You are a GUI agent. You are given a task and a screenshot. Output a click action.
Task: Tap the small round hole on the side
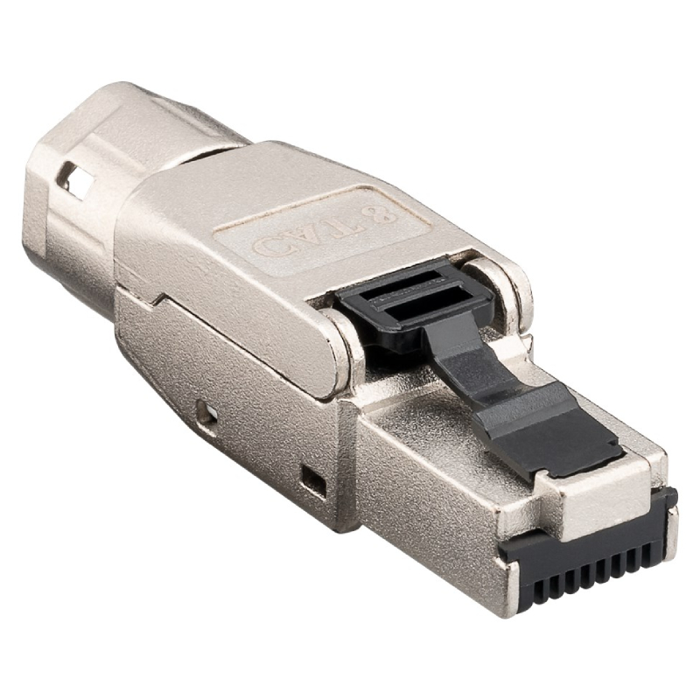(206, 410)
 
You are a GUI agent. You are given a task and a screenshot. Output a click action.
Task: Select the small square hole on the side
(312, 478)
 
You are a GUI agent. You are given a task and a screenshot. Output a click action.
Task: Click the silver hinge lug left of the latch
(346, 350)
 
